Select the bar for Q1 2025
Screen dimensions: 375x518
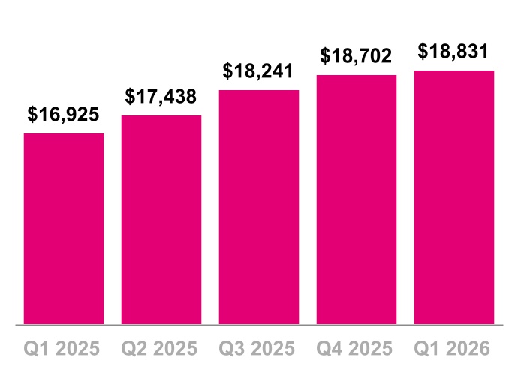pos(64,229)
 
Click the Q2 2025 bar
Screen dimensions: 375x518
pos(161,220)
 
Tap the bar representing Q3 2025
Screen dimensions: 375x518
pos(259,207)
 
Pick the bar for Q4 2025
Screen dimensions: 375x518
pos(357,199)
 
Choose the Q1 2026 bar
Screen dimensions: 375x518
pos(454,197)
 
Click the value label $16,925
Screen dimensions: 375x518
pos(64,115)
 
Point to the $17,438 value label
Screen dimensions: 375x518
pos(161,97)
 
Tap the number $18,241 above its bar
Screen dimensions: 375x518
pos(259,71)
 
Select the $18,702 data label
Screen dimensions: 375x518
pos(357,56)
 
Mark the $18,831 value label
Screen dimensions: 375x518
pos(454,52)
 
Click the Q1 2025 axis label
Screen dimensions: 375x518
pos(64,349)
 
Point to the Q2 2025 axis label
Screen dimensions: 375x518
pos(161,349)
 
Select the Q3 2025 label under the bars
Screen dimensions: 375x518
pos(259,349)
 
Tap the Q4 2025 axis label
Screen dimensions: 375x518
pos(357,349)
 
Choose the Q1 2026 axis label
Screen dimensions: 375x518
pos(454,349)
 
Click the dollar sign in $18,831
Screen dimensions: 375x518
pos(423,52)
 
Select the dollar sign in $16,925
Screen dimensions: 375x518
pos(33,115)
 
